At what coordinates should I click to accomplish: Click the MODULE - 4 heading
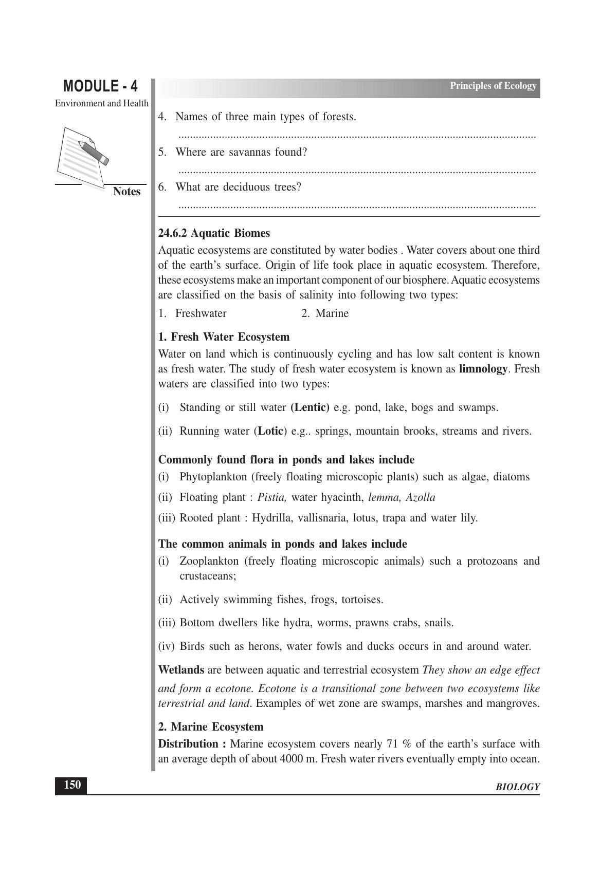(x=100, y=86)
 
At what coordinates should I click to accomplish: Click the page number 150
(x=71, y=785)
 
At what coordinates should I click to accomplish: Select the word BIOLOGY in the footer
(x=517, y=787)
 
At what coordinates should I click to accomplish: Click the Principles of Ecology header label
(x=493, y=86)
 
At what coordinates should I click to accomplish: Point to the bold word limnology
(x=483, y=369)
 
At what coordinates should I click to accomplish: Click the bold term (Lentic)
(x=310, y=407)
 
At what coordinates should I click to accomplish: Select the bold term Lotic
(x=270, y=431)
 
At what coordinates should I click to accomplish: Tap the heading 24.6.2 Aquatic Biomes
(x=214, y=233)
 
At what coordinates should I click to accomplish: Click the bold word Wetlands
(x=181, y=670)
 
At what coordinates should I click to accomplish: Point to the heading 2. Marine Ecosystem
(x=211, y=727)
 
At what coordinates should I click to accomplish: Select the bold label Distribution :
(x=192, y=744)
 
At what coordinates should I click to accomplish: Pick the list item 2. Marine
(x=325, y=313)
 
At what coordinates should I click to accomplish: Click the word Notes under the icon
(x=126, y=192)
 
